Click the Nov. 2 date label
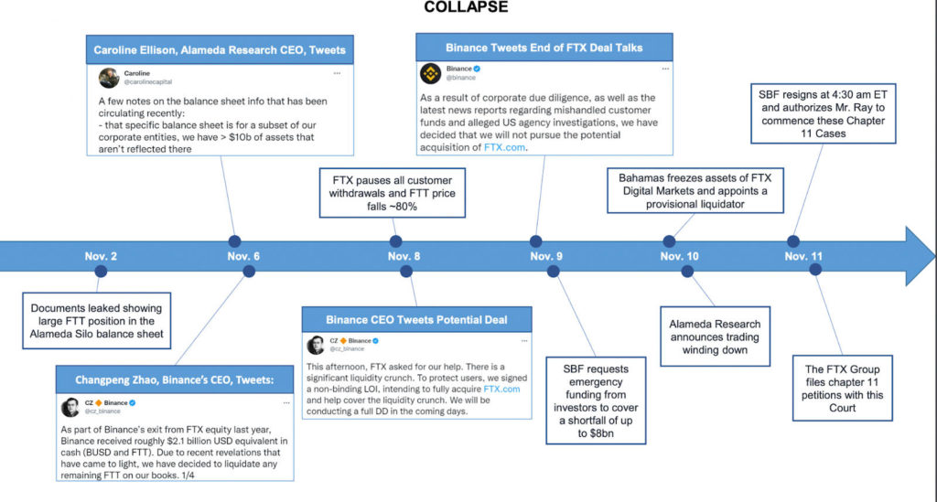coord(102,256)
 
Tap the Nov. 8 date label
coord(404,256)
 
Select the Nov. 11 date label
coord(802,256)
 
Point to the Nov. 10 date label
coord(679,256)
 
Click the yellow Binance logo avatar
coord(430,73)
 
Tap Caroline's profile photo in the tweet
coord(109,78)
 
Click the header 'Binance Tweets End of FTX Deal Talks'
coord(544,47)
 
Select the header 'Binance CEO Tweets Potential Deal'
coord(416,319)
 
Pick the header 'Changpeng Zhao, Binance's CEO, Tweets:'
coord(173,379)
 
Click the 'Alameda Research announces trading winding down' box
coord(715,336)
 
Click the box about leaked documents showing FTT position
coord(98,322)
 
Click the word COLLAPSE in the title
coord(467,7)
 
